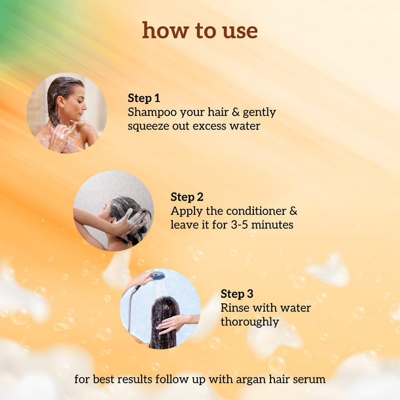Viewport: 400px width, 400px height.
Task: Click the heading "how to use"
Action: (x=200, y=31)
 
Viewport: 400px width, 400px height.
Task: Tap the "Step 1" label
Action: (x=144, y=98)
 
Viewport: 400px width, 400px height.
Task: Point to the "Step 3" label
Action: (x=237, y=294)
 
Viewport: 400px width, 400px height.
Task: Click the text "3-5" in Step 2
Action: (x=236, y=225)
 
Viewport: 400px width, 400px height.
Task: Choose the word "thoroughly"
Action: (x=249, y=322)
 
